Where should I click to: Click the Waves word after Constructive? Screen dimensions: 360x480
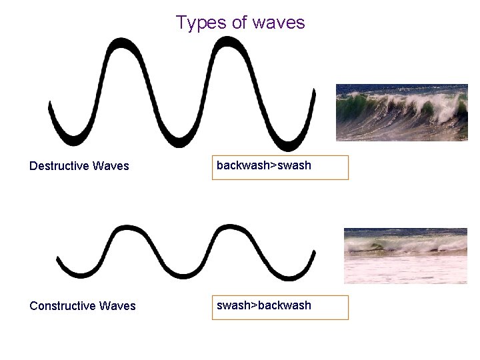coord(117,306)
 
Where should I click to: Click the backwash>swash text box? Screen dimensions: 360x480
coord(280,167)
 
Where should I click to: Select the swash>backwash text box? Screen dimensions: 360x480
coord(280,307)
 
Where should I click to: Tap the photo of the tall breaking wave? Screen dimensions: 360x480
coord(401,112)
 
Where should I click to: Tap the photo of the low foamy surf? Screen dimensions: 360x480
coord(405,256)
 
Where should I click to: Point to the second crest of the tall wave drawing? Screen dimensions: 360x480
coord(229,42)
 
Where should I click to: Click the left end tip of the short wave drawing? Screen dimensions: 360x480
coord(59,259)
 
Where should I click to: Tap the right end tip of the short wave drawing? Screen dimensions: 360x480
coord(314,253)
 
